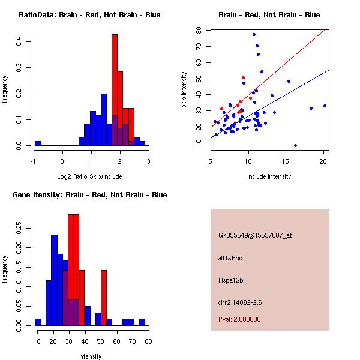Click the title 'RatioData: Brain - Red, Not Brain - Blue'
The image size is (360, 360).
coord(89,15)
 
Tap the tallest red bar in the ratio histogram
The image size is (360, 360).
coord(114,90)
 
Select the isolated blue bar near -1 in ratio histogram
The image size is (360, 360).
coord(38,143)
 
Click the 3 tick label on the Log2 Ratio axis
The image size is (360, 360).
coord(148,161)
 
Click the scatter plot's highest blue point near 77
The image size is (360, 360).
coord(254,34)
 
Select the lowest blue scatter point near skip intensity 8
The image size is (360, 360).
coord(295,145)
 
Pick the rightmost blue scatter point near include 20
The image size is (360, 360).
coord(325,106)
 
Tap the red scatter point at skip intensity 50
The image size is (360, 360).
coord(243,77)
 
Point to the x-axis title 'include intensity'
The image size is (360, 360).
coord(269,176)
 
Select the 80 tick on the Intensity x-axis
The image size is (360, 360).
coord(148,341)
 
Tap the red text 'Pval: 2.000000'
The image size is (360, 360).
coord(239,319)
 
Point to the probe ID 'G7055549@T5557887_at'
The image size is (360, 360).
coord(255,236)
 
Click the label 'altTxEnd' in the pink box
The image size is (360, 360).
coord(230,258)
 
